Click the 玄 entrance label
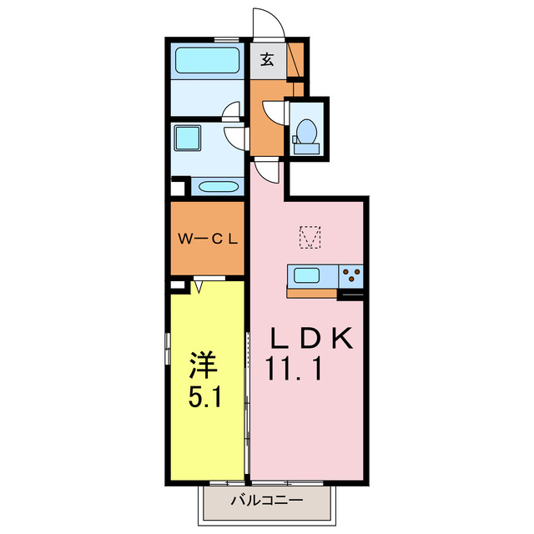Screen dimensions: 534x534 pos(267,59)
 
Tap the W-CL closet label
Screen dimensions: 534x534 pos(208,239)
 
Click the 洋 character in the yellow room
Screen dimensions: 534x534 pos(202,365)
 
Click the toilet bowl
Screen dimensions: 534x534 pos(306,131)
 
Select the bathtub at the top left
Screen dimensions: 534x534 pos(206,61)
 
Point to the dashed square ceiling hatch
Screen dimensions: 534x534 pos(311,238)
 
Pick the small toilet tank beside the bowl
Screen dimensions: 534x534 pos(306,149)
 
